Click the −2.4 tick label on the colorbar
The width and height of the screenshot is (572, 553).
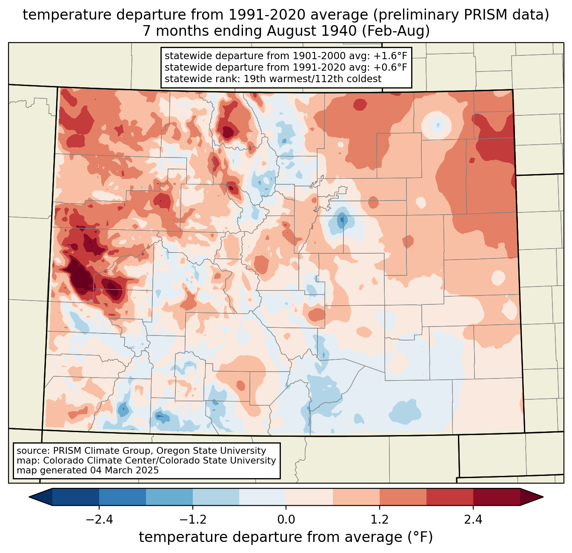[99, 520]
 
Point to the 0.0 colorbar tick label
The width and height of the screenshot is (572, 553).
[286, 520]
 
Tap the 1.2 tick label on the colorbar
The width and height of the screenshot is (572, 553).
[380, 520]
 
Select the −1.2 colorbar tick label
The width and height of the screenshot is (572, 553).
[193, 520]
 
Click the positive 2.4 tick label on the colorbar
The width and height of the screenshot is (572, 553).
[473, 520]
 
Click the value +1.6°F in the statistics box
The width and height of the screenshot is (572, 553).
[390, 56]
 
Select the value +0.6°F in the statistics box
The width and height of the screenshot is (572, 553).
[390, 67]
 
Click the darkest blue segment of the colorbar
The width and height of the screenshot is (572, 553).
[76, 497]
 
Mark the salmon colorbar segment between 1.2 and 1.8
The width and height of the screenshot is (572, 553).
[403, 497]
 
